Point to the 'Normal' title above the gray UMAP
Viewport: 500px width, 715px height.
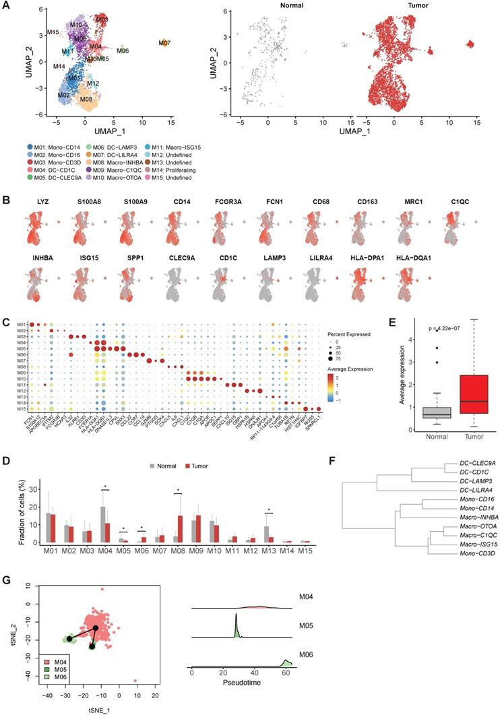268,7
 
